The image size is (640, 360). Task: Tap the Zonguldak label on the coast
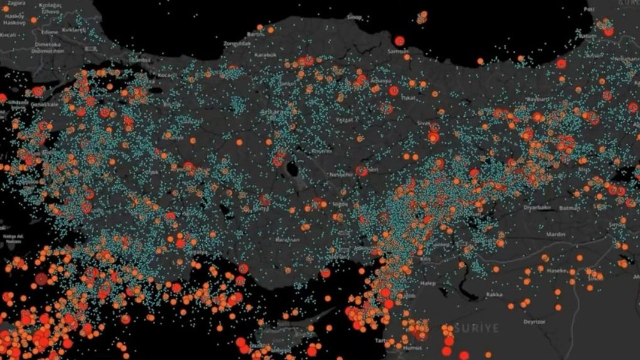(x=237, y=44)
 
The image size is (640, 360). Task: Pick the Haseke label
(x=557, y=271)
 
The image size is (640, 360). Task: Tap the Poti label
(x=590, y=9)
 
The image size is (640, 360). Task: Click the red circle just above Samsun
(x=400, y=41)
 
